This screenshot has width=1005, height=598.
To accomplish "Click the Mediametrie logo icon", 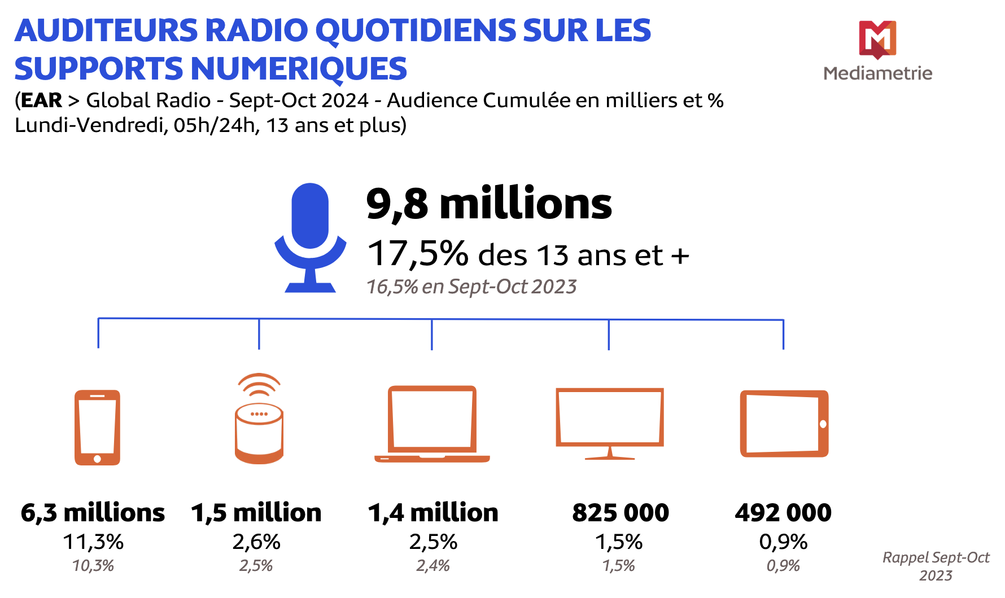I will [877, 39].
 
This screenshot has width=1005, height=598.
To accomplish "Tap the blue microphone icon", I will [310, 237].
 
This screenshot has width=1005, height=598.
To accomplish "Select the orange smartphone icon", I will [97, 427].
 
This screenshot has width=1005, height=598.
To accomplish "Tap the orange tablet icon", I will [784, 423].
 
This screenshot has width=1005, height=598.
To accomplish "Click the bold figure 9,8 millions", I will [489, 204].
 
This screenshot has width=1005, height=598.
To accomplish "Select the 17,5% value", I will [418, 253].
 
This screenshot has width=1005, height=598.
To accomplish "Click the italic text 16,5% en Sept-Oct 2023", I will [471, 287].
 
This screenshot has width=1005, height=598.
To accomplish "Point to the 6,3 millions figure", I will [93, 513].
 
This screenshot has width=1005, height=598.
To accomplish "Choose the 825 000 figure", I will [620, 513].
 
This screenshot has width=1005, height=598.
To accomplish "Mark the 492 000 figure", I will [783, 513].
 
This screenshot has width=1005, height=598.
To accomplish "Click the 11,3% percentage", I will [93, 542].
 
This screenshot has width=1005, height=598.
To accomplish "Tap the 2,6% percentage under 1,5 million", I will [256, 542].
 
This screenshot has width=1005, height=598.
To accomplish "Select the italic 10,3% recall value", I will [93, 565].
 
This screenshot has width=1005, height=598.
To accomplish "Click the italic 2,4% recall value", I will [433, 565].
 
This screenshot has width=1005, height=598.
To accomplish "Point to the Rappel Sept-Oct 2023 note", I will [936, 566].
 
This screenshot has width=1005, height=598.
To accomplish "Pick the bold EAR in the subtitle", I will [41, 100].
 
